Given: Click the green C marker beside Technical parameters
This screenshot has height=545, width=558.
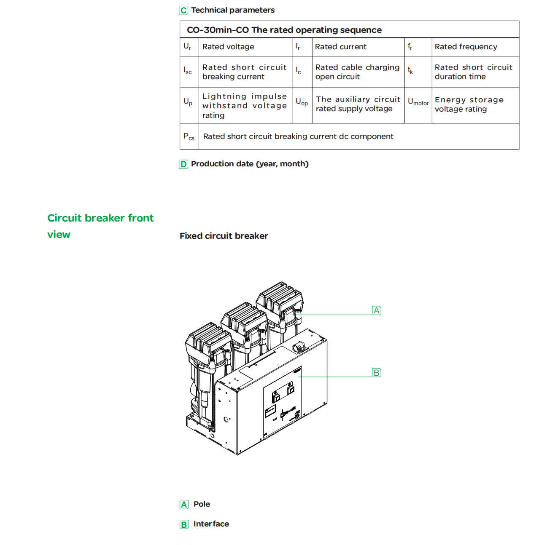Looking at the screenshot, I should point(183,11).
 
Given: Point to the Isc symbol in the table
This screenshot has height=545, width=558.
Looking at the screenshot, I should point(188,72).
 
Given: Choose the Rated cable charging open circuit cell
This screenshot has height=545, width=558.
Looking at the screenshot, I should point(357,72).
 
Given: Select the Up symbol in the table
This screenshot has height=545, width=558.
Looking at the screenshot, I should point(188,102).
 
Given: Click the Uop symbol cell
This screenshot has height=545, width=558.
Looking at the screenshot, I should point(302,102).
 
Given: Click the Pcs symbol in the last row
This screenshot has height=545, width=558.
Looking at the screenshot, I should point(189,137).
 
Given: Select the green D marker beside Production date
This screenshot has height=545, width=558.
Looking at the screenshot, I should point(183,164).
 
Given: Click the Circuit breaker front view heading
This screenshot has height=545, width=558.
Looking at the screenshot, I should point(100,226).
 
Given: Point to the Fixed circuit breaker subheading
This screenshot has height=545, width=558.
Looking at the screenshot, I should point(224,236).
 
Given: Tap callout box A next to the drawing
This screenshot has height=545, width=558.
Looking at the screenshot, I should point(377,311).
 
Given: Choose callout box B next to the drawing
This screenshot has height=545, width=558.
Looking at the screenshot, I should point(377,373).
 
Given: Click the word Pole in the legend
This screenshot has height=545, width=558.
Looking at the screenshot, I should point(202,504).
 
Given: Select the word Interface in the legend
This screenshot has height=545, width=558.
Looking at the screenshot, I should point(211,524).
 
